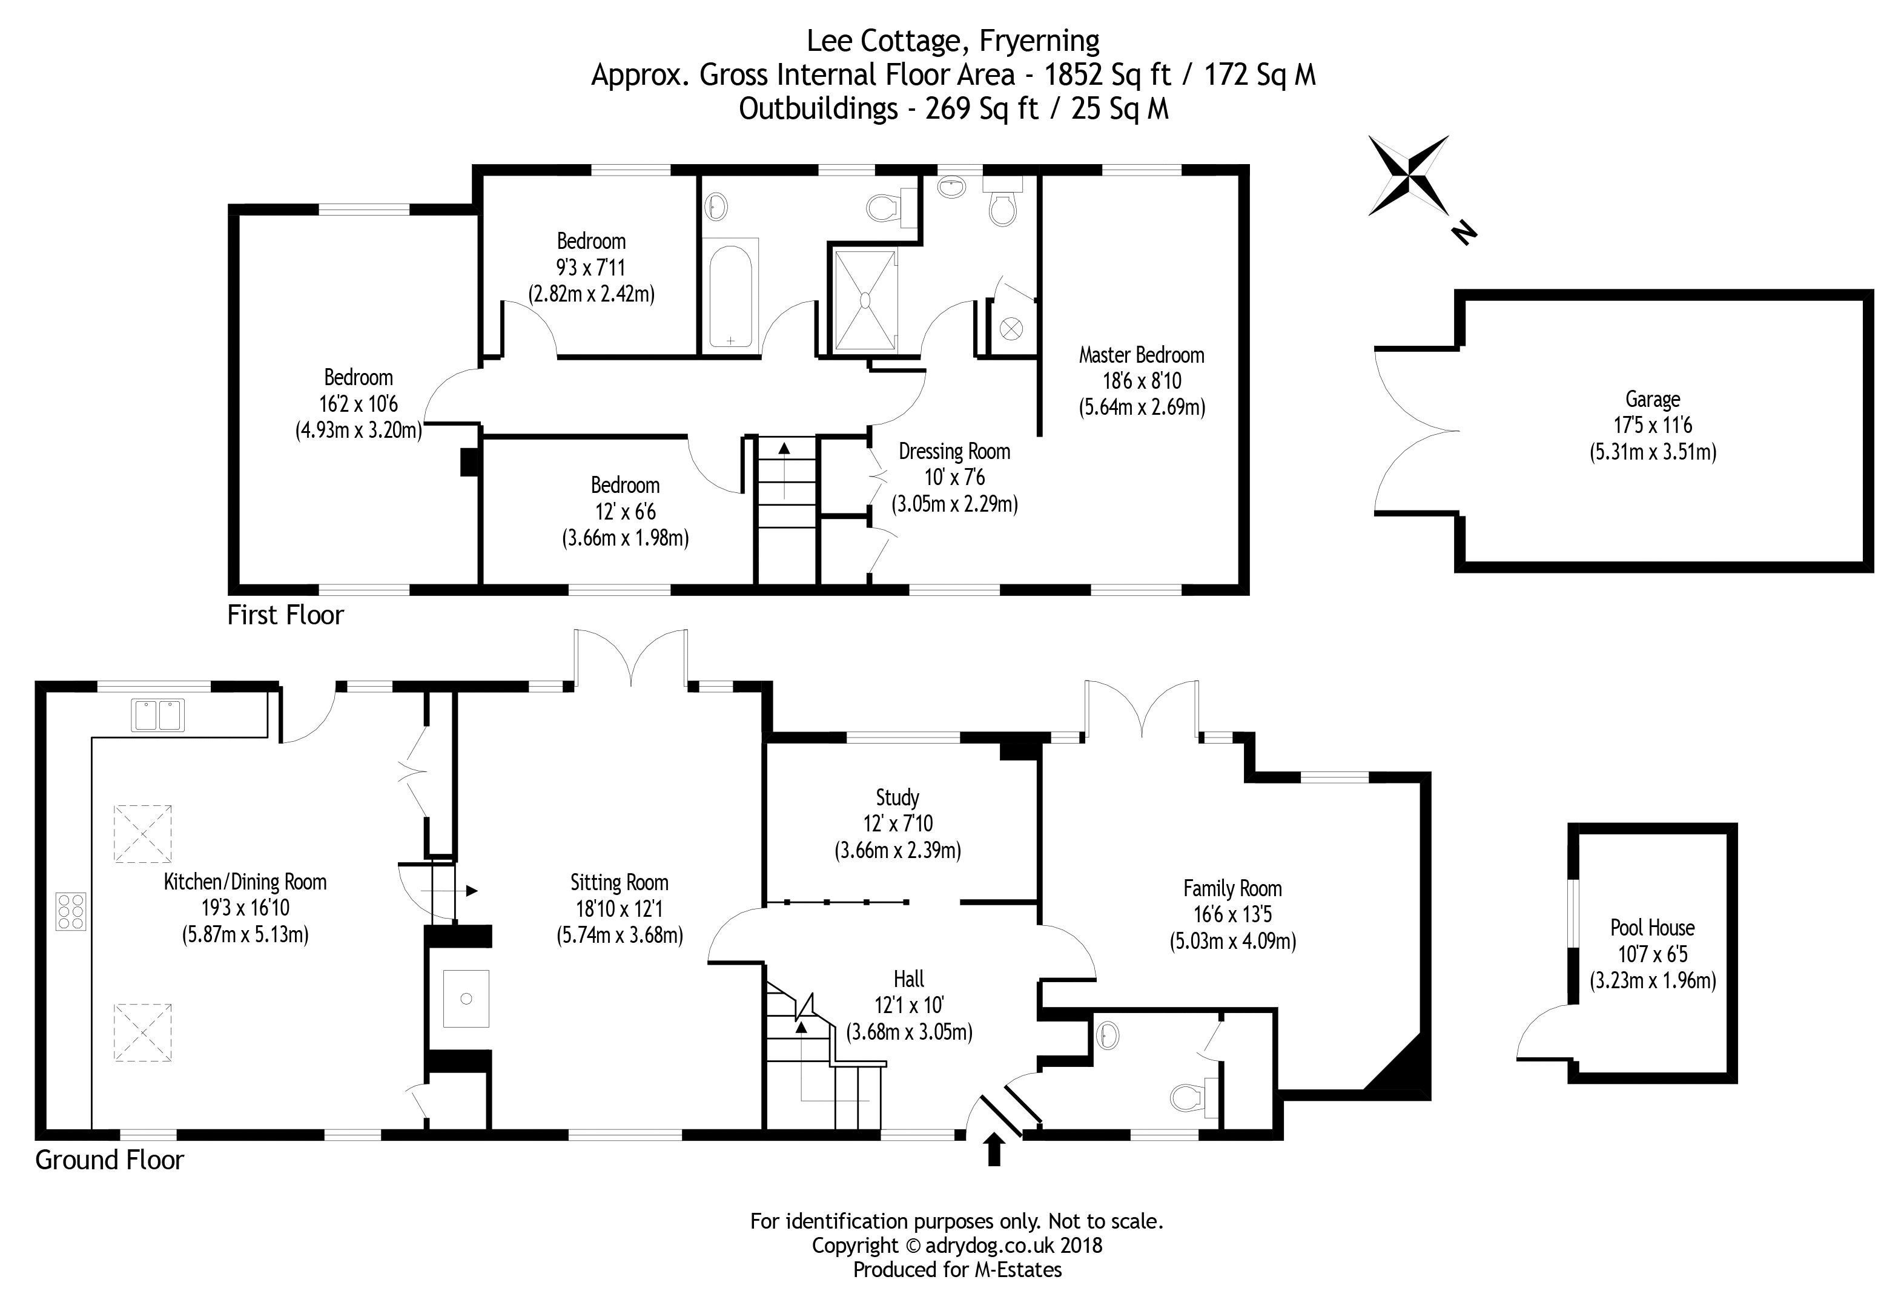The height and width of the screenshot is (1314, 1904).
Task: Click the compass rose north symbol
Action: [1409, 176]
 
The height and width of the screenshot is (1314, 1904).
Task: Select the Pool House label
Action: [1652, 928]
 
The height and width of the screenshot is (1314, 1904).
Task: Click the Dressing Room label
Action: [954, 451]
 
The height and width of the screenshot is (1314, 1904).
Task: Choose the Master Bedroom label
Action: [1141, 355]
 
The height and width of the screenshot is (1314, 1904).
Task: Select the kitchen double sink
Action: [158, 715]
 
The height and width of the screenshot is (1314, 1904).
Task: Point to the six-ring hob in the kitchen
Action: [71, 911]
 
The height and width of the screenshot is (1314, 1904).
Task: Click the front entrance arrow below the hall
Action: [994, 1149]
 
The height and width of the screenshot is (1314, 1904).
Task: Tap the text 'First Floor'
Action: [285, 615]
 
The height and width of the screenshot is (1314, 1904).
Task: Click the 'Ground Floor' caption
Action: [110, 1160]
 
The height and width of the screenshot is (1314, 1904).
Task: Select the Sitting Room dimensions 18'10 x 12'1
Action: [619, 909]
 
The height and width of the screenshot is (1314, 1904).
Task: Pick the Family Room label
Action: [1232, 888]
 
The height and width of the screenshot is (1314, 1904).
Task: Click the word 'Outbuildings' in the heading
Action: [818, 108]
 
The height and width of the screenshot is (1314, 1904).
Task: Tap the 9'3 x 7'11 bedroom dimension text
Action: [591, 268]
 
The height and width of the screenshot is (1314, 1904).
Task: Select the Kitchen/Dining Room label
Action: [245, 882]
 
